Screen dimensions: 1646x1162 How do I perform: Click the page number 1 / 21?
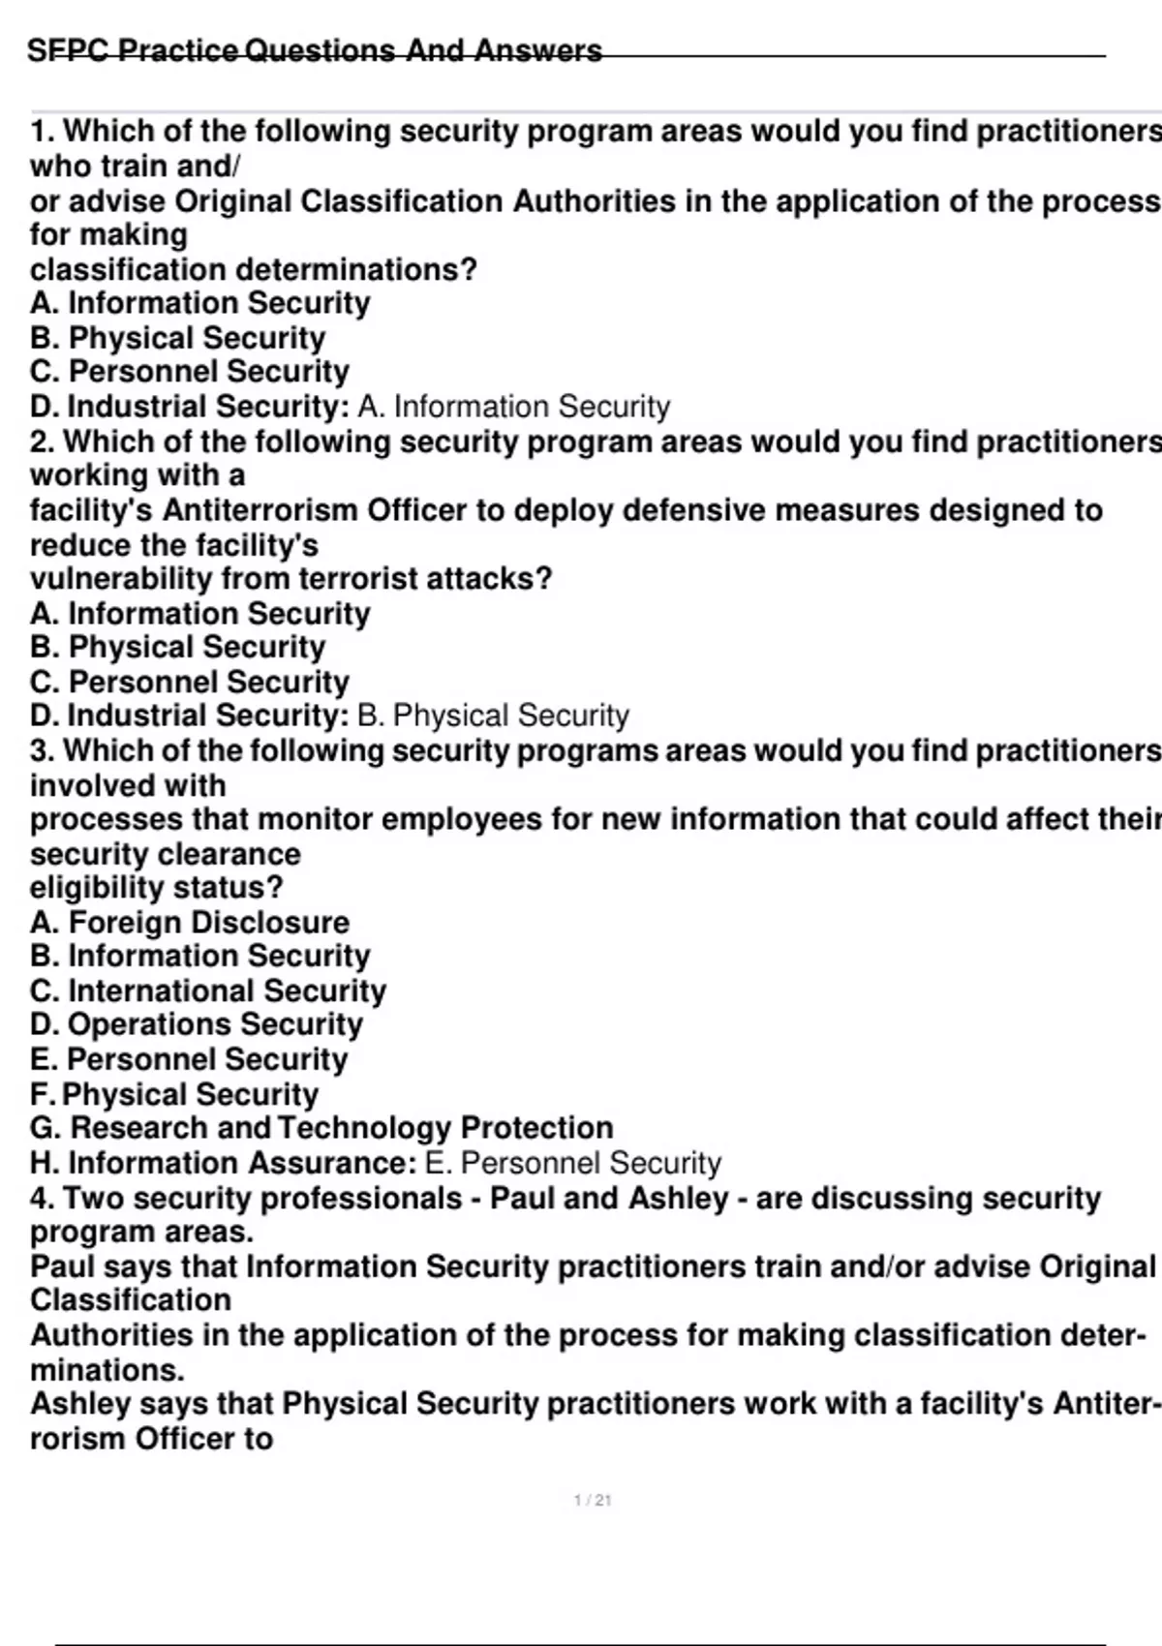[593, 1500]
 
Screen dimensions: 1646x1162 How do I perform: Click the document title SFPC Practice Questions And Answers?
[315, 50]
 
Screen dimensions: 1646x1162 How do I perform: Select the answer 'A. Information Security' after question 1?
[513, 407]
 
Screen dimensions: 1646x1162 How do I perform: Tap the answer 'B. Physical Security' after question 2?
[493, 716]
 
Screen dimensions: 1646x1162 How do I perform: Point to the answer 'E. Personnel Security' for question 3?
[573, 1163]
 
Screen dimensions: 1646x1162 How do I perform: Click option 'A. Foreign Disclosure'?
[190, 922]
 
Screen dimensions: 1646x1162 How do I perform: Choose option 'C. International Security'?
[208, 991]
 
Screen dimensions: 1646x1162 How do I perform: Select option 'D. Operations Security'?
[197, 1024]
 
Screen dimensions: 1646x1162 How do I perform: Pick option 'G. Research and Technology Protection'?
[321, 1128]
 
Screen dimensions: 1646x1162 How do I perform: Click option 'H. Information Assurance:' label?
[224, 1163]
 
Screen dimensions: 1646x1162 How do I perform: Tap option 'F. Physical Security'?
[174, 1094]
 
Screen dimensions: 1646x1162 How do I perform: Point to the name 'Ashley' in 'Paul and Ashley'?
[678, 1199]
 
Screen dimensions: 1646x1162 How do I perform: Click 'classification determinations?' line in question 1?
[254, 269]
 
